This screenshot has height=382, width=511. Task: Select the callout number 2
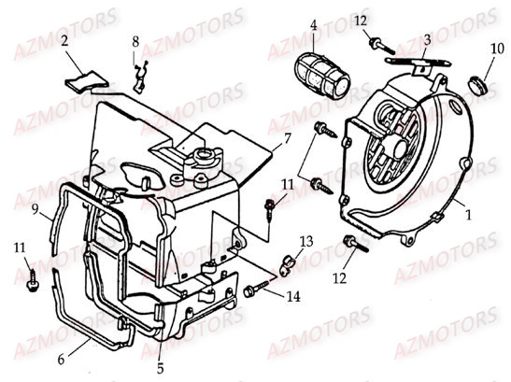[64, 41]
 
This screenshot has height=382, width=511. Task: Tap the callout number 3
[426, 39]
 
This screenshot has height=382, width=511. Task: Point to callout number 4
[314, 25]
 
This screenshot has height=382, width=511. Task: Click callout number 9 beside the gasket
[35, 210]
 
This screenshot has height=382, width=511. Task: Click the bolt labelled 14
[252, 291]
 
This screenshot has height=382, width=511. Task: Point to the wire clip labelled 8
[141, 73]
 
